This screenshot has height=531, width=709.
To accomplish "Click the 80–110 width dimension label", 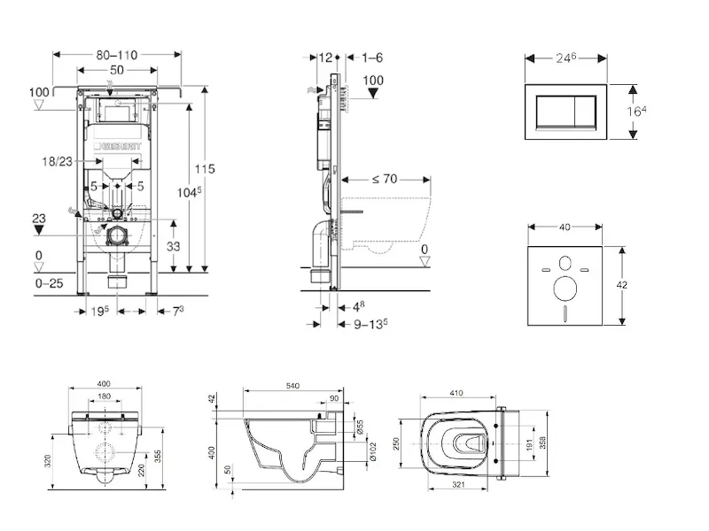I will pos(118,55).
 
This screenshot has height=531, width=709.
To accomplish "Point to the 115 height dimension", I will pos(206,168).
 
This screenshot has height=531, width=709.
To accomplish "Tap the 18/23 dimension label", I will pos(58,162).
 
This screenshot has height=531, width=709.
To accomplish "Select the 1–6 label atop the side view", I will pos(371,58).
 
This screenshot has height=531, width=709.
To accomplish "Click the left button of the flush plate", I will pos(553,112).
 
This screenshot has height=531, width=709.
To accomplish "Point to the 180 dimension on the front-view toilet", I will pos(104,396).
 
